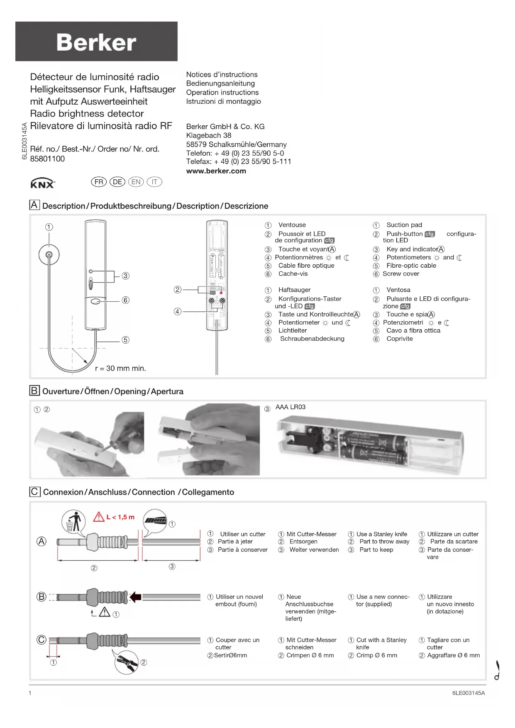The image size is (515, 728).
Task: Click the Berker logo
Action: tap(96, 42)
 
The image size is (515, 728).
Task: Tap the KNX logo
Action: tap(43, 183)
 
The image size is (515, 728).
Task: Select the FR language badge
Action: tap(99, 182)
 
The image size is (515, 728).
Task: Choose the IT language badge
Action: tap(154, 182)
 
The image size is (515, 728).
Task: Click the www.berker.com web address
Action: tap(216, 171)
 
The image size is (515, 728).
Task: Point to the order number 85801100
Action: tap(47, 159)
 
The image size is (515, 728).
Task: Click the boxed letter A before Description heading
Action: tap(34, 205)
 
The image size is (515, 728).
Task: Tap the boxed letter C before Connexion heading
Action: tap(34, 492)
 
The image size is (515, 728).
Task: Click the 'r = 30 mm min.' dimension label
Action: tap(120, 369)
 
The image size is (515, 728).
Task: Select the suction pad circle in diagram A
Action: tap(49, 255)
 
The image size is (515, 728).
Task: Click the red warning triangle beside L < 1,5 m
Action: tap(99, 517)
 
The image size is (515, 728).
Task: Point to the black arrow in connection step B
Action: tap(136, 597)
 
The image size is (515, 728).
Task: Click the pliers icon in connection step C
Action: tap(126, 662)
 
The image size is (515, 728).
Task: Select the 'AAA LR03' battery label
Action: tap(290, 407)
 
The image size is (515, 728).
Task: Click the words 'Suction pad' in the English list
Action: tap(404, 225)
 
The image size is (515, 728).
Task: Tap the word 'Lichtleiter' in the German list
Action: tap(293, 331)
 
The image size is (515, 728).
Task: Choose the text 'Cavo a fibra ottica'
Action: tap(413, 331)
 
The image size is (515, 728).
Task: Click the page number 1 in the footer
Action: tap(30, 693)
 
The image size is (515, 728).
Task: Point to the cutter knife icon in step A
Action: tap(155, 520)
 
